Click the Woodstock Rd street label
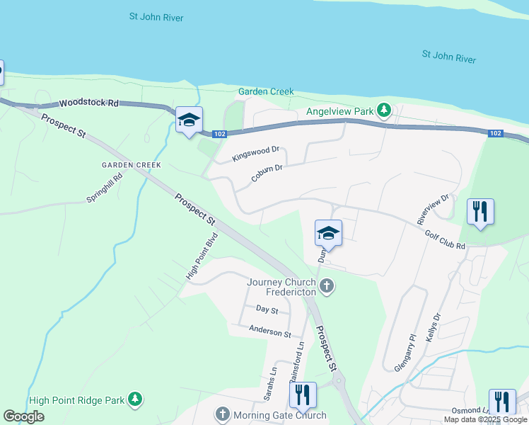(88, 103)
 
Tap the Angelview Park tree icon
(384, 111)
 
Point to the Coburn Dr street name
(267, 174)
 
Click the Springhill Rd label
(105, 189)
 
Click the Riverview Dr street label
(434, 206)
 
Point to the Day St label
(267, 310)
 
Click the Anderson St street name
(269, 331)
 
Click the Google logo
(23, 416)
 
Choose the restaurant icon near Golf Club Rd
(480, 210)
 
